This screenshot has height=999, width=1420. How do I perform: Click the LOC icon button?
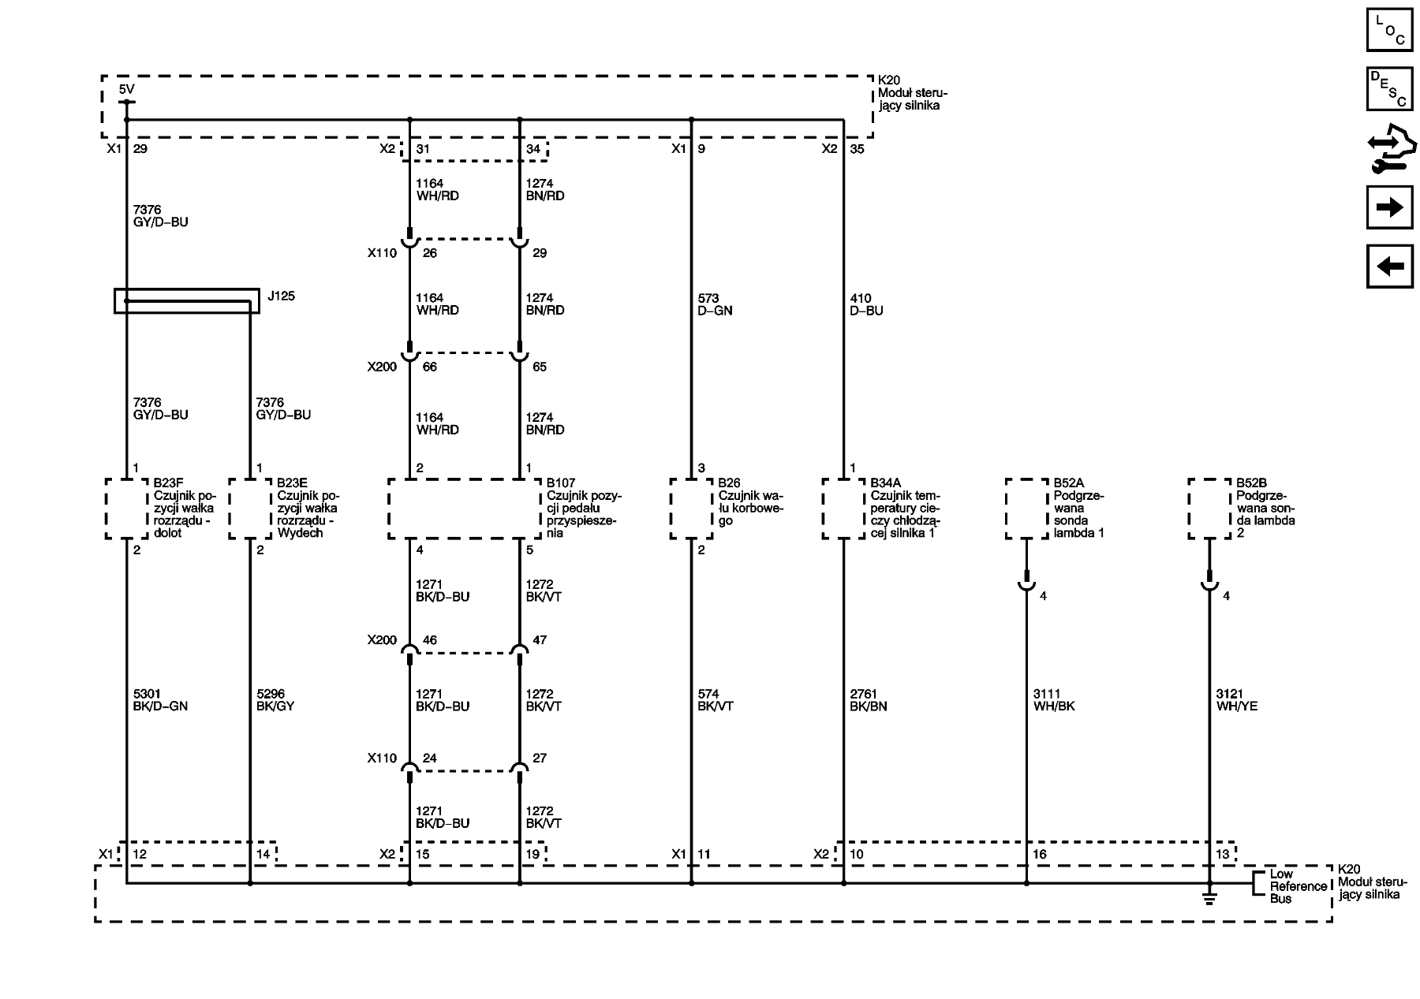tap(1389, 29)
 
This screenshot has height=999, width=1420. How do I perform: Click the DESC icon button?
tap(1389, 88)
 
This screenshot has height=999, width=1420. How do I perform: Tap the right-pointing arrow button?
tap(1389, 207)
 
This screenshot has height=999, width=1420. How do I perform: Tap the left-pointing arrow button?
tap(1389, 266)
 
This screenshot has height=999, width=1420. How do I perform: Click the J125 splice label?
tap(281, 296)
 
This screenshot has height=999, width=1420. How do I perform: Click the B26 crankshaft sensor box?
tap(691, 509)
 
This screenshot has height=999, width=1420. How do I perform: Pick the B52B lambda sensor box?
tap(1209, 509)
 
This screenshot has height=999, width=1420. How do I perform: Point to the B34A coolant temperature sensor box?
tap(843, 509)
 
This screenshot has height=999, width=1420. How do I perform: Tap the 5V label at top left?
tap(126, 90)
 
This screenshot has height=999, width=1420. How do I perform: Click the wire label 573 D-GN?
tap(715, 304)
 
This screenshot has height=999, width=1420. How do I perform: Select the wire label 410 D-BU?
tap(866, 304)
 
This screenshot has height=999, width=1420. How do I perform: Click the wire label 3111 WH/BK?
tap(1054, 700)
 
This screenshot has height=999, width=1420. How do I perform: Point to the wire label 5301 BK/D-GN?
tap(160, 700)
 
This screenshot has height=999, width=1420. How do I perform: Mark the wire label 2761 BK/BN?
tap(868, 700)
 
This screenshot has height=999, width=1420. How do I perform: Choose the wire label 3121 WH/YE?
tap(1237, 700)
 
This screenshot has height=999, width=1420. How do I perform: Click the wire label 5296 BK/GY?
tap(275, 700)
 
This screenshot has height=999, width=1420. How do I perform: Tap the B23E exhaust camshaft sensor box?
tap(249, 509)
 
